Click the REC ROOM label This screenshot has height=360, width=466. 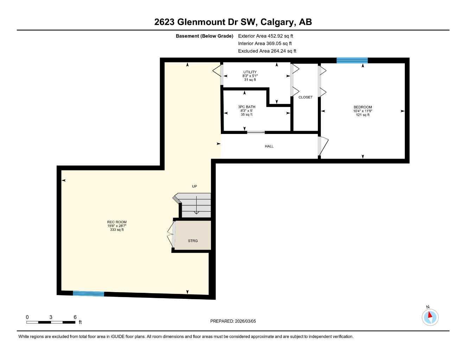click(x=117, y=222)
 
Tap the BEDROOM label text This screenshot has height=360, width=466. click(x=363, y=107)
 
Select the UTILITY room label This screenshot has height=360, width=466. click(x=250, y=72)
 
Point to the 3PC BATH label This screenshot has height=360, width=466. click(x=247, y=107)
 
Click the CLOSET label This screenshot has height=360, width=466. click(x=305, y=97)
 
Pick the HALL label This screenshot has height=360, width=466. click(x=269, y=146)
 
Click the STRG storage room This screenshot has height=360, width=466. click(x=193, y=240)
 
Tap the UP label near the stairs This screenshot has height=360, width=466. click(x=194, y=186)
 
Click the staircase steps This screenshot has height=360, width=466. click(x=196, y=206)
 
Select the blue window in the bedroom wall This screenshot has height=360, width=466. click(x=352, y=60)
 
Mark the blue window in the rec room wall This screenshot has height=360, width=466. click(x=88, y=294)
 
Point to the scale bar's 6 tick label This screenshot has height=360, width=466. click(x=75, y=317)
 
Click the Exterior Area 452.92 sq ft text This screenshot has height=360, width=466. click(x=266, y=36)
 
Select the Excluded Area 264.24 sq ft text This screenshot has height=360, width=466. click(x=267, y=51)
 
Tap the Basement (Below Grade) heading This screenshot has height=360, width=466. click(x=204, y=36)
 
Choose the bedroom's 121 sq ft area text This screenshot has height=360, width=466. click(x=363, y=115)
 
